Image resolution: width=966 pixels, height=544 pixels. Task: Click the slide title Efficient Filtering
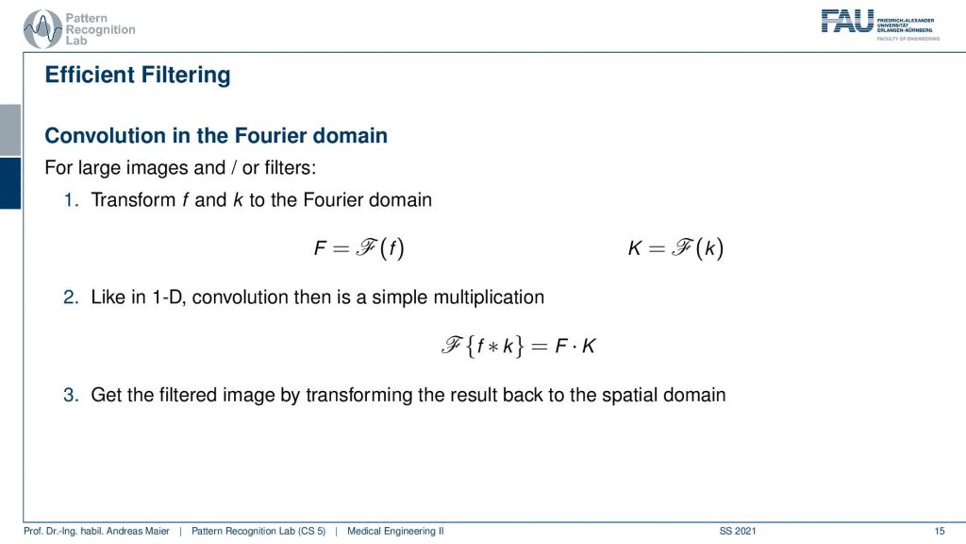pos(138,76)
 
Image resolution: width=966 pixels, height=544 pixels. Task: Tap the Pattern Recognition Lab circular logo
pos(42,29)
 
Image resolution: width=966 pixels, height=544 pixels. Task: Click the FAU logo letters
pos(847,21)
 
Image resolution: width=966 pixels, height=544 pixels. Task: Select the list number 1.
pos(72,200)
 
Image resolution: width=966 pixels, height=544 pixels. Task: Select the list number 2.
pos(72,297)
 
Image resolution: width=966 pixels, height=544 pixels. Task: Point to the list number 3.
pos(72,395)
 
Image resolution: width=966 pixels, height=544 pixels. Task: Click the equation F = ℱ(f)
pos(359,248)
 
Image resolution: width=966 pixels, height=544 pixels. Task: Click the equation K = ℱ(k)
pos(675,248)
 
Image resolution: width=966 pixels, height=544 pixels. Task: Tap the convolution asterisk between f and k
pos(492,347)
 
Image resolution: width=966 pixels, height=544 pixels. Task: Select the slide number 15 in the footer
pos(939,531)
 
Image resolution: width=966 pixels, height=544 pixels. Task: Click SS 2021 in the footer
pos(738,531)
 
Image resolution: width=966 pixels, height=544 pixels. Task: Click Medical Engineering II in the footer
pos(395,531)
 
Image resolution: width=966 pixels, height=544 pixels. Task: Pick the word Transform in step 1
pos(133,200)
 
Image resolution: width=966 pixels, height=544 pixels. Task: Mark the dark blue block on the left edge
pos(10,183)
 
